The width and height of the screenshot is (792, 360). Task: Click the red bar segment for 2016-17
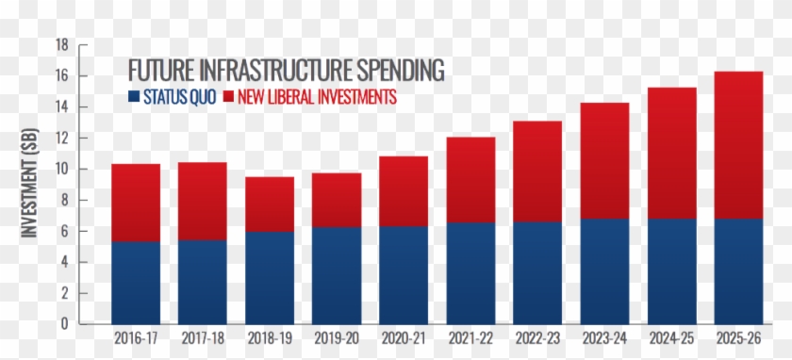(136, 203)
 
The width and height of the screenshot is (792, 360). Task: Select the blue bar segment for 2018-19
(270, 278)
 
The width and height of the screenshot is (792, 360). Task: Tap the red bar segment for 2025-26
(738, 145)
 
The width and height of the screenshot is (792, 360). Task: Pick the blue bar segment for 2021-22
(470, 273)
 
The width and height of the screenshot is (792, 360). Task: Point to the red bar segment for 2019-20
(337, 201)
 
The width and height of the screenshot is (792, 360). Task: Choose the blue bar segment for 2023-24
(604, 271)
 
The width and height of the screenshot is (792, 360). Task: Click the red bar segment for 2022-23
(537, 172)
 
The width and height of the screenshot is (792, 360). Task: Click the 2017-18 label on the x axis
(203, 338)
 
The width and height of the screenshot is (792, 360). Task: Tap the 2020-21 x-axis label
(404, 338)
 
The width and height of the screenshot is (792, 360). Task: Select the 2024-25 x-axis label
(671, 338)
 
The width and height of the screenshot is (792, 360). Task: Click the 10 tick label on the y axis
(61, 169)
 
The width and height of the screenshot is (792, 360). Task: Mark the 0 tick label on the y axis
(65, 323)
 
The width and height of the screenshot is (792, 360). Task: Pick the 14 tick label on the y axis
(61, 107)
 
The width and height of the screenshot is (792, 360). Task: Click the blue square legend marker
(134, 96)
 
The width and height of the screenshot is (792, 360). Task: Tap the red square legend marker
(228, 96)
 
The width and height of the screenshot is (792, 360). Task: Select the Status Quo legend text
(179, 96)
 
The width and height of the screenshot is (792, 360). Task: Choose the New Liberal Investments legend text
(317, 96)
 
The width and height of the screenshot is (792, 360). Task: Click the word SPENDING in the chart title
(401, 70)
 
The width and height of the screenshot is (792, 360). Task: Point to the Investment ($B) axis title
(30, 183)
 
